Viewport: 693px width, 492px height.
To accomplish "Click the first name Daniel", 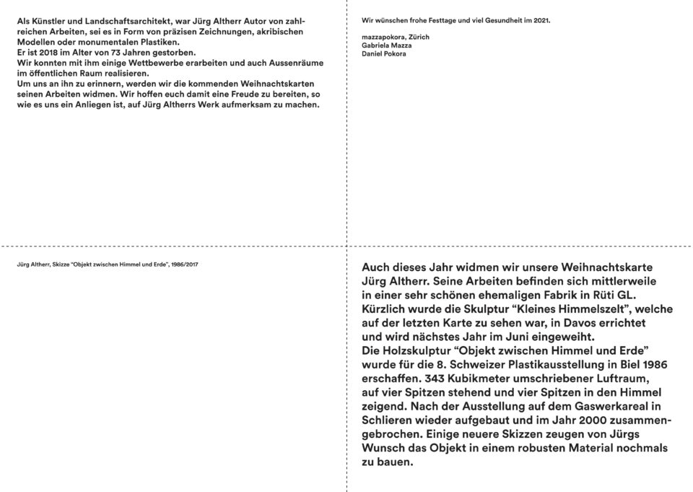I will click(374, 53).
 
